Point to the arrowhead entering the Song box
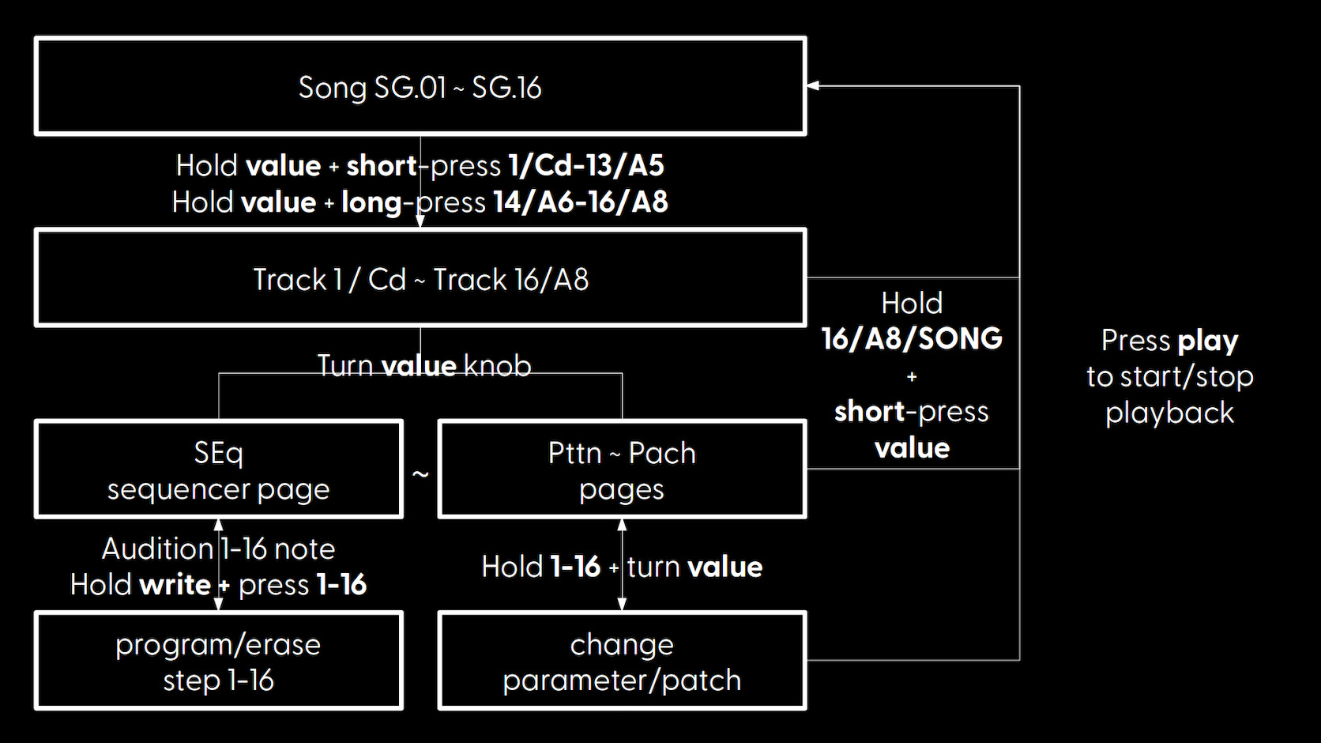813,86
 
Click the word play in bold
1208,341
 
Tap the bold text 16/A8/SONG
912,339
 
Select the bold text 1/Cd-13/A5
586,166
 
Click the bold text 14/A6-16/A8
580,202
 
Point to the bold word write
175,585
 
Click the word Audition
157,549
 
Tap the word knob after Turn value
498,366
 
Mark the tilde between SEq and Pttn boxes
420,473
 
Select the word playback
1169,413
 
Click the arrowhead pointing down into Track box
420,221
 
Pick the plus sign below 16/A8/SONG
912,376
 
